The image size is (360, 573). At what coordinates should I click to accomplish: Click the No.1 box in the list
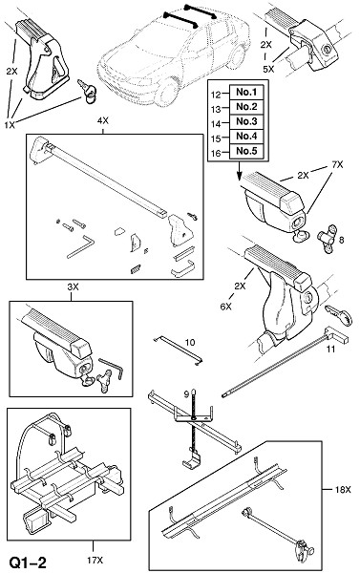coord(246,92)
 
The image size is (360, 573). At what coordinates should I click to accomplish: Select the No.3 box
coord(246,121)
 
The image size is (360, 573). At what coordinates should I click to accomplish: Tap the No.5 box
coord(246,151)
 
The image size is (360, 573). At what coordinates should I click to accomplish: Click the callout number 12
coord(216,95)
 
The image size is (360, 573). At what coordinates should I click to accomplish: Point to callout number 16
coord(216,153)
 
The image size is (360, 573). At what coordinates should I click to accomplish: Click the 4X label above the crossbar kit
coord(103,120)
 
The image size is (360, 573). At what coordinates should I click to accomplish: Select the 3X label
coord(73,286)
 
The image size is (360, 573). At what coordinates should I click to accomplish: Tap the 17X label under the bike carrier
coord(95,560)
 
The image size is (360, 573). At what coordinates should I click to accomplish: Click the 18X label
coord(343,490)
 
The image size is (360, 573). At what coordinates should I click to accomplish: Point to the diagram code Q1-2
coord(28,562)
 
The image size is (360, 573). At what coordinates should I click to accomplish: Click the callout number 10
coord(190,343)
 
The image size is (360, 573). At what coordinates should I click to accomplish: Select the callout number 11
coord(330,350)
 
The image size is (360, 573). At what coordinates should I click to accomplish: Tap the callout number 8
coord(341,240)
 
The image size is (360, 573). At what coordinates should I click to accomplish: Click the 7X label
coord(337,165)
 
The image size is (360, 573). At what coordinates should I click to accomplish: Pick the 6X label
coord(226,307)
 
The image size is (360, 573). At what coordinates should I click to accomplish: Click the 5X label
coord(268,69)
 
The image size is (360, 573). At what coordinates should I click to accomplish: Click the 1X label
coord(10,125)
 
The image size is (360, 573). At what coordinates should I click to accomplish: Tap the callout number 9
coord(186,393)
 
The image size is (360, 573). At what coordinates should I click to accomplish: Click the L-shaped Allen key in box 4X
coord(81,246)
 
